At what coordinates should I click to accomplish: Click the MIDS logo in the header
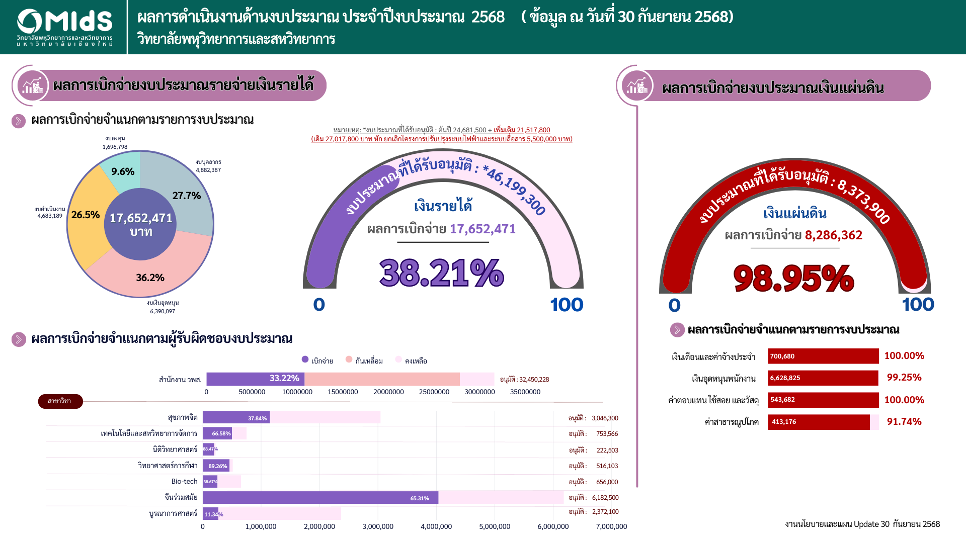point(64,27)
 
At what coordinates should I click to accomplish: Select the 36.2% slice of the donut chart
point(150,277)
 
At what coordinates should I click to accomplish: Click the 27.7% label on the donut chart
point(186,196)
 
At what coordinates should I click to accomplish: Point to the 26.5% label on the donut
point(86,215)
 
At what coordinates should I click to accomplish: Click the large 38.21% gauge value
point(441,273)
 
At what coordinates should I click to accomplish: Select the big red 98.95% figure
point(793,278)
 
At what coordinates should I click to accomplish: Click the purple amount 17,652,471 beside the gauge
point(482,229)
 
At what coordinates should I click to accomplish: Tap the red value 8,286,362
point(833,235)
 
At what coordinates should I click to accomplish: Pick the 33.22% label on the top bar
point(284,379)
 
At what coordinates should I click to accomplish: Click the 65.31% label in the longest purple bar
point(420,498)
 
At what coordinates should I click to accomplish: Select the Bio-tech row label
point(184,482)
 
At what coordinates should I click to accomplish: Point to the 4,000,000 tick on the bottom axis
point(436,526)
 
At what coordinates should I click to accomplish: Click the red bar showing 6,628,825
point(823,378)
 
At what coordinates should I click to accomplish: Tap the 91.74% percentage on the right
point(904,421)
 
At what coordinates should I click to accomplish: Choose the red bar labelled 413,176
point(818,422)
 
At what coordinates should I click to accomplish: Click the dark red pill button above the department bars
point(60,401)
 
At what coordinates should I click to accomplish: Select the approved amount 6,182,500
point(605,498)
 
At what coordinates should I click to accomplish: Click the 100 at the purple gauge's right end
point(566,305)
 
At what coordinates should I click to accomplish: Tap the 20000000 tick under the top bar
point(388,392)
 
